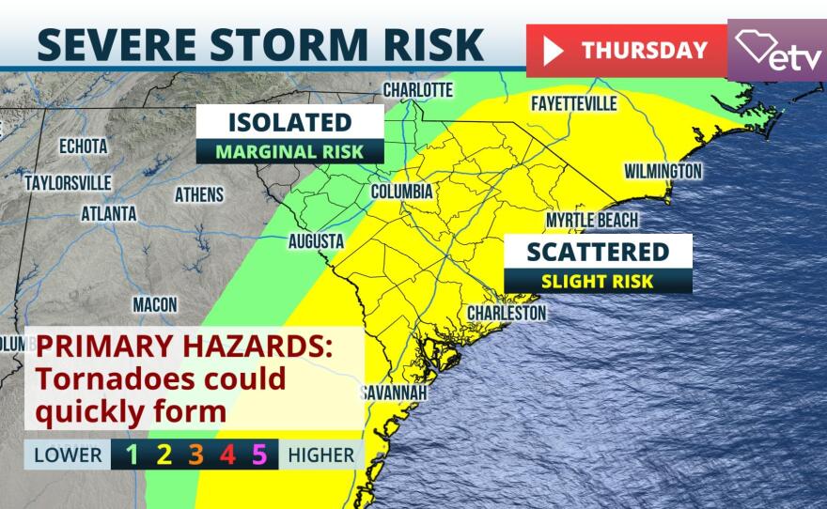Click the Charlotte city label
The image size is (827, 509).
[418, 90]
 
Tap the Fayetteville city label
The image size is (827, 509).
[573, 102]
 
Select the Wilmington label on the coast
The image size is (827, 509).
[663, 171]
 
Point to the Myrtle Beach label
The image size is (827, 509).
[592, 221]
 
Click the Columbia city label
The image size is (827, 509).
[401, 192]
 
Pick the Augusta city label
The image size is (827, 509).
[316, 241]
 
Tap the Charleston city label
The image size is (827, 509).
[507, 312]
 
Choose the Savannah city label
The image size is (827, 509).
[394, 392]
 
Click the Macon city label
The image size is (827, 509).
[154, 304]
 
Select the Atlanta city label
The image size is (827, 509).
[109, 213]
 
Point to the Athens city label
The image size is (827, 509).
[199, 194]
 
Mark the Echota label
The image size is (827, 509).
[83, 147]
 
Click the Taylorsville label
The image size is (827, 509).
[68, 182]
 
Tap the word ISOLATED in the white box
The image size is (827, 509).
[289, 122]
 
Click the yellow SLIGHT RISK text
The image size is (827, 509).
[598, 281]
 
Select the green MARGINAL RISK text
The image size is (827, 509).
[289, 151]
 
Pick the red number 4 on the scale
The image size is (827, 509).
[226, 455]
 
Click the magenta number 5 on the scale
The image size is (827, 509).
[259, 455]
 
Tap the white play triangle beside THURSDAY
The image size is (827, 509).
[554, 51]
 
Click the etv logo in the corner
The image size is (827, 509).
[777, 51]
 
